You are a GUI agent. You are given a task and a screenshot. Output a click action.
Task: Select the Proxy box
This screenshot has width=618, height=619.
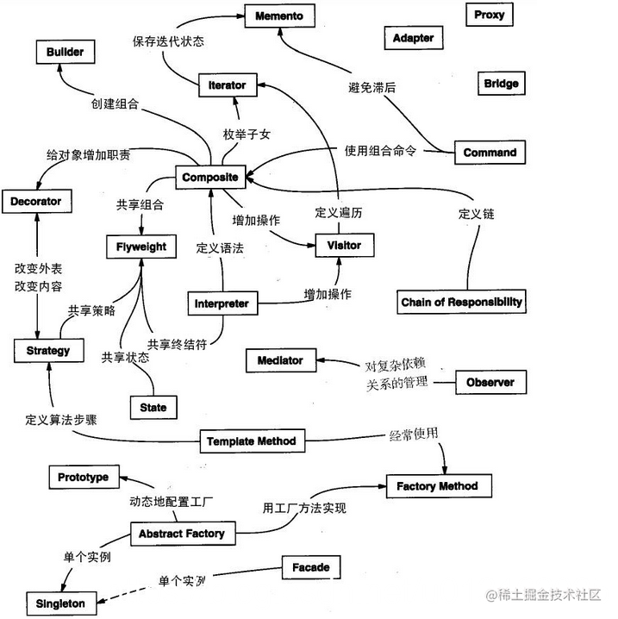coord(489,15)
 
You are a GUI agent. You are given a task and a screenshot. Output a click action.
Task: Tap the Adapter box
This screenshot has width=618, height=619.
coord(413,38)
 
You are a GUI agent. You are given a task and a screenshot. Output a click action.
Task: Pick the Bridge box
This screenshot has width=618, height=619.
coord(501,84)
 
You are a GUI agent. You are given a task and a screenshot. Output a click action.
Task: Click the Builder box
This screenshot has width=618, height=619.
coord(66,53)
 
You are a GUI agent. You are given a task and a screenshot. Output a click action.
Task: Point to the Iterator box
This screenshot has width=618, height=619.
coord(227,85)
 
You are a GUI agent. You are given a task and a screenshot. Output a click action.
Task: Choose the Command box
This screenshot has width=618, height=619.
coord(490,153)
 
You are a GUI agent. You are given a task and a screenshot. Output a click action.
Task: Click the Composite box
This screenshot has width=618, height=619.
coord(209,178)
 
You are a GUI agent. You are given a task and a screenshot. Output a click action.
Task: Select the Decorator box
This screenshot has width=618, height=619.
coord(36,202)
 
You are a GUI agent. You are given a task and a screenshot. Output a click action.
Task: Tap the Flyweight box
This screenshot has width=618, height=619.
coord(141,247)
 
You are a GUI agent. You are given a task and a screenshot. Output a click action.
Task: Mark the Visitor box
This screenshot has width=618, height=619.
coord(344,246)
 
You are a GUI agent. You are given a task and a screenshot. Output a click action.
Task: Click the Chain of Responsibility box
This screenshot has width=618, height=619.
coord(461,302)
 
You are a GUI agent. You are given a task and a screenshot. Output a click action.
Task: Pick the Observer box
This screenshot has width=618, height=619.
coord(490,382)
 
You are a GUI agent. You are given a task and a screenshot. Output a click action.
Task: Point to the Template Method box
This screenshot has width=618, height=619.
coord(251,441)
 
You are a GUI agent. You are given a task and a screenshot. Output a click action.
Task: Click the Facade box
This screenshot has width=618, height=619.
coord(310,568)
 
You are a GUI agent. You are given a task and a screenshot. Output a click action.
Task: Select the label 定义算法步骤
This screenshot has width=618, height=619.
coord(61,421)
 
